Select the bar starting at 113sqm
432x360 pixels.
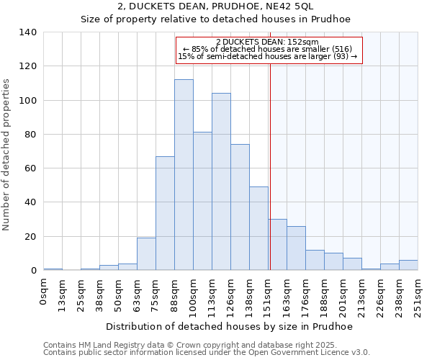coord(221,181)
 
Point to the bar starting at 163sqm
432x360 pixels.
coord(296,248)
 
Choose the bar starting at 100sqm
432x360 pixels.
coord(202,201)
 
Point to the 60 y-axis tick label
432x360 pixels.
coord(31,168)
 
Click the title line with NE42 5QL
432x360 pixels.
coord(216,6)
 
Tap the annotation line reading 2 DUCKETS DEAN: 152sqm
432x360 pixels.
coord(267,42)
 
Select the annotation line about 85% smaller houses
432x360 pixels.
coord(267,49)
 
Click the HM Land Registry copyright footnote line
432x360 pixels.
coord(206,345)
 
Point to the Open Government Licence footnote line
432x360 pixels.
coord(206,353)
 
